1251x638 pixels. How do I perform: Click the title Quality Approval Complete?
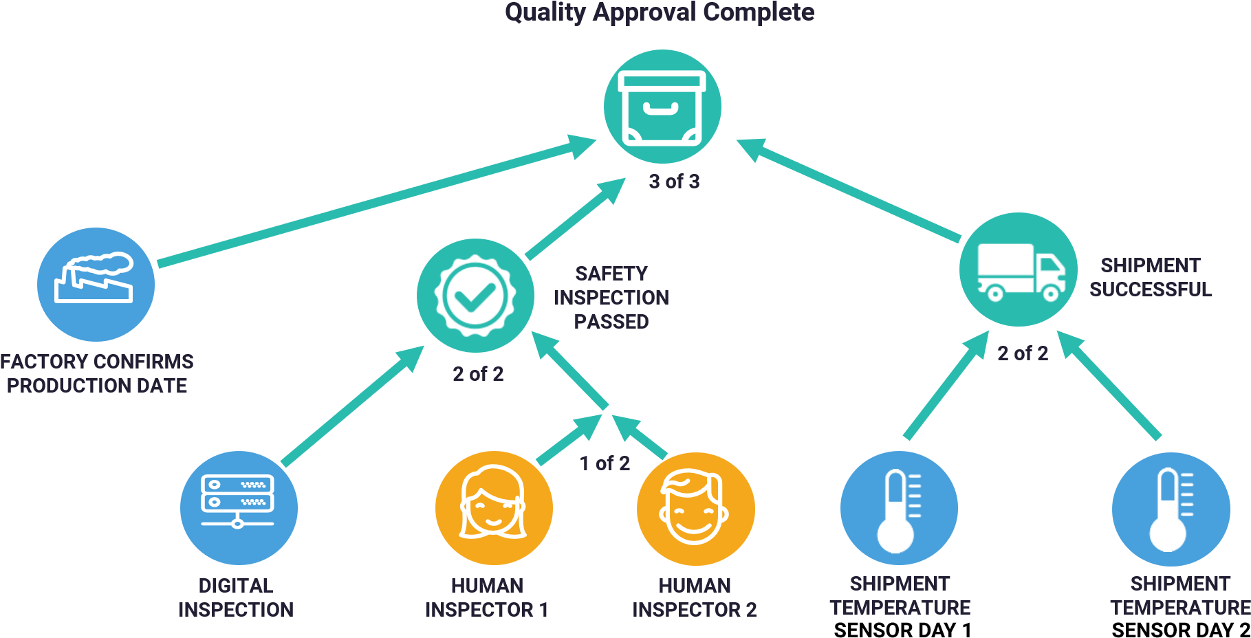point(659,12)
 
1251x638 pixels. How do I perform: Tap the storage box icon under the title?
point(662,107)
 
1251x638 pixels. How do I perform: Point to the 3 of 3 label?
point(674,181)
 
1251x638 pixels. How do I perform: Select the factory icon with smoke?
point(96,284)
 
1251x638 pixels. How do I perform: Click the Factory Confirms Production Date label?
point(97,373)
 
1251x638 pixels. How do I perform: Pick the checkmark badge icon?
point(475,296)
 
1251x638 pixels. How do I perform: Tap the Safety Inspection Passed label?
point(611,298)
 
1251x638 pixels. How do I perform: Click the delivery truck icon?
point(1019,269)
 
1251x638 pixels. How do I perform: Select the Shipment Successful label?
point(1150,277)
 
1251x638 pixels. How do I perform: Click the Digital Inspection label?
point(236,597)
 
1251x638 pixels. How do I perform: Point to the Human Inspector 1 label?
point(487,597)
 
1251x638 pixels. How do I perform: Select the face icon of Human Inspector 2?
point(695,507)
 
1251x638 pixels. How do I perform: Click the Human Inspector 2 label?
point(695,597)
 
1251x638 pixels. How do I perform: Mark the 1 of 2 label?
point(605,463)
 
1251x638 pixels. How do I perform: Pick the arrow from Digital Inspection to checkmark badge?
point(351,406)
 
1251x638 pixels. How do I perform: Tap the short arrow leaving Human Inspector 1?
point(567,440)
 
